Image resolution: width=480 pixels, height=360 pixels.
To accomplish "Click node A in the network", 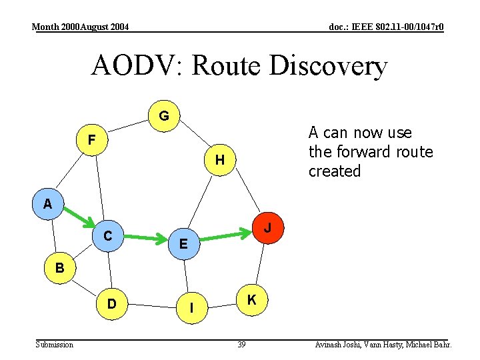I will pyautogui.click(x=48, y=204).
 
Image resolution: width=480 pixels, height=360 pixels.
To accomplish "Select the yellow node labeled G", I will pyautogui.click(x=164, y=116).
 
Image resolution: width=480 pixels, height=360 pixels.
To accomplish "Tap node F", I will pyautogui.click(x=92, y=140).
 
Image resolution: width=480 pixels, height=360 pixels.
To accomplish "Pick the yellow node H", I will pyautogui.click(x=220, y=161).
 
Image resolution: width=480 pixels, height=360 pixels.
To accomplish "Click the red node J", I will pyautogui.click(x=267, y=228).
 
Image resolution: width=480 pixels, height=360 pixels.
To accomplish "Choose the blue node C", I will pyautogui.click(x=107, y=235).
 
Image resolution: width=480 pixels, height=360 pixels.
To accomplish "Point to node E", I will pyautogui.click(x=183, y=245).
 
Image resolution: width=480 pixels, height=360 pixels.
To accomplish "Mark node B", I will pyautogui.click(x=60, y=269).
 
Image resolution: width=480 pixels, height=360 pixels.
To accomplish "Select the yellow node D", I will pyautogui.click(x=112, y=304).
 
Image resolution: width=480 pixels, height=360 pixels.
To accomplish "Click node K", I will pyautogui.click(x=252, y=301).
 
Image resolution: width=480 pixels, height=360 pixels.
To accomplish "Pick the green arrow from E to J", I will pyautogui.click(x=225, y=235).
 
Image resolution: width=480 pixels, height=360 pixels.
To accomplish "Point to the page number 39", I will pyautogui.click(x=241, y=345).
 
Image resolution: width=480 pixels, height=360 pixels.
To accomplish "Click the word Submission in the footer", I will pyautogui.click(x=55, y=345).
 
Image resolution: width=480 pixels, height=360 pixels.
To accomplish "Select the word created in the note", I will pyautogui.click(x=334, y=171).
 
